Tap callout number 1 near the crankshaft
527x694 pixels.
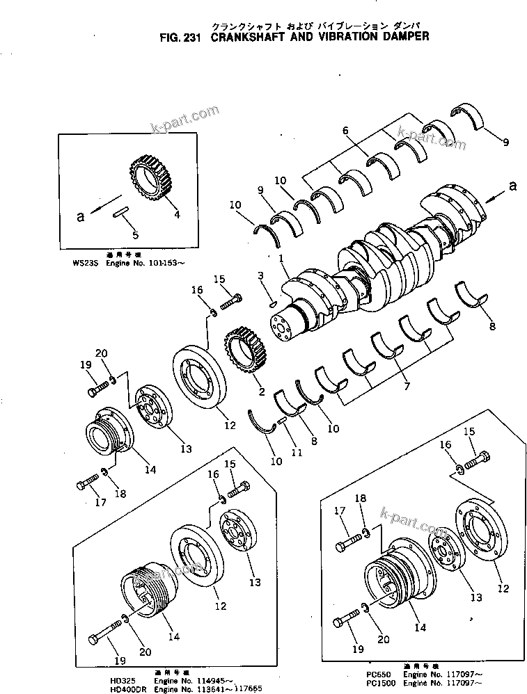[282, 258]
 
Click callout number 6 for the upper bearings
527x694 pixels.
[344, 130]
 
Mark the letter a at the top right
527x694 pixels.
[512, 185]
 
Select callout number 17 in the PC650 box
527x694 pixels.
[340, 512]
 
